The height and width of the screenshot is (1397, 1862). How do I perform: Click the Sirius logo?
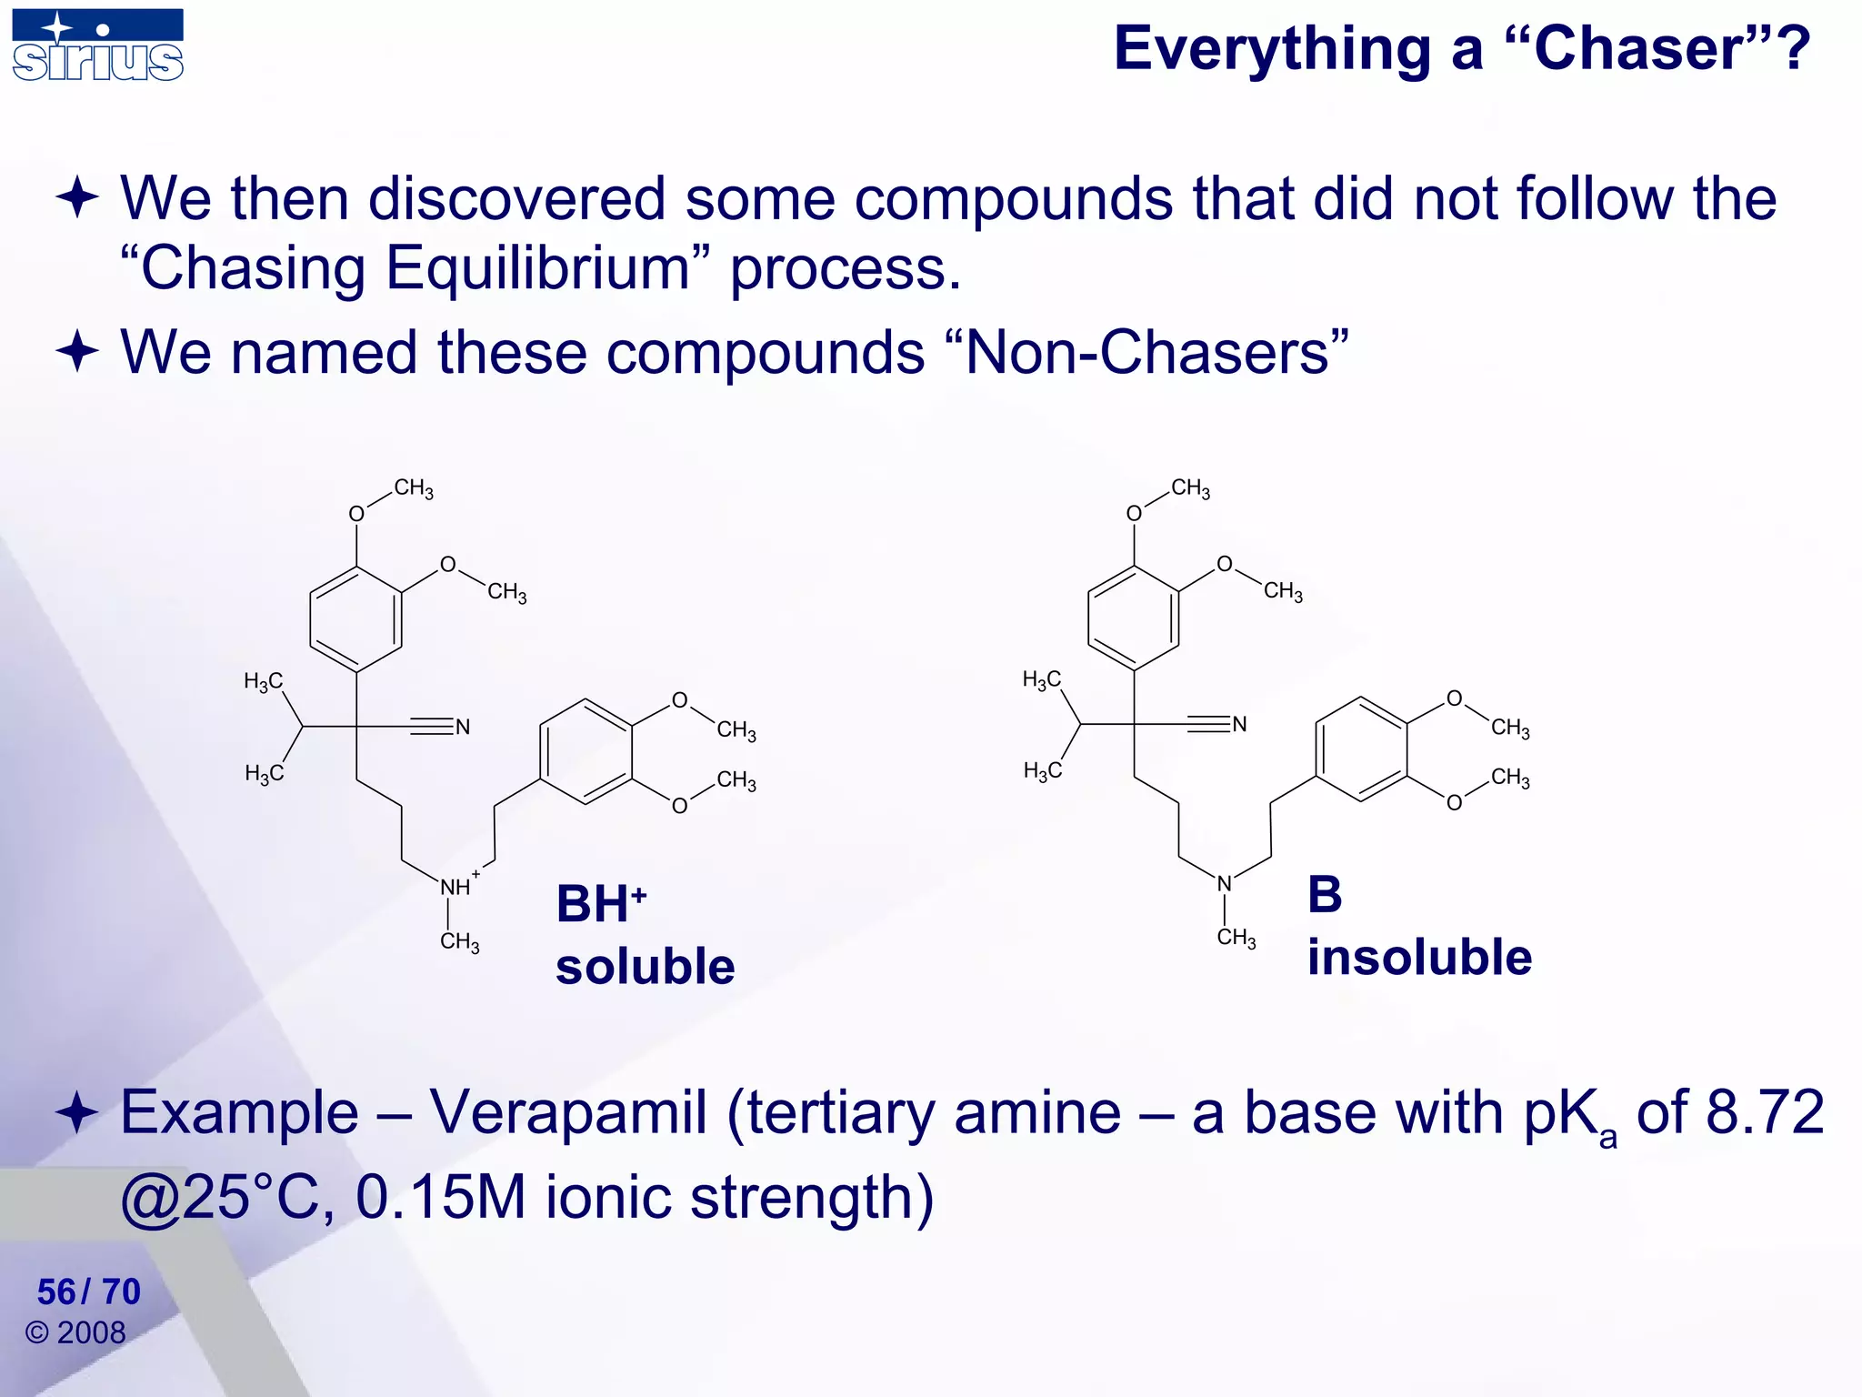(x=98, y=45)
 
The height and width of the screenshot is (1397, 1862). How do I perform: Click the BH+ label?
(x=600, y=904)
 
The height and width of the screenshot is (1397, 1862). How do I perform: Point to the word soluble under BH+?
(x=645, y=966)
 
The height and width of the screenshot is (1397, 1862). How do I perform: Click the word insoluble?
(x=1419, y=957)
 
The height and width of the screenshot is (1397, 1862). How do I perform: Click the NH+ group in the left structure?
(x=456, y=887)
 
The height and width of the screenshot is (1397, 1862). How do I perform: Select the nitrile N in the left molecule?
(x=463, y=727)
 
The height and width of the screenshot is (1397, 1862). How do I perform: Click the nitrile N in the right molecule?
(x=1239, y=724)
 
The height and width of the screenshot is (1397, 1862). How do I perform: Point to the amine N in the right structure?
(x=1224, y=883)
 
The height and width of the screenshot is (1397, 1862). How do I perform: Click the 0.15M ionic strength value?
(x=440, y=1197)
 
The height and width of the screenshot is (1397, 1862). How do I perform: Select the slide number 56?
(x=56, y=1291)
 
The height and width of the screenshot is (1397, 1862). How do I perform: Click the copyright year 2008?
(x=91, y=1332)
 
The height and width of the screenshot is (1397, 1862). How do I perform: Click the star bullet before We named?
(x=77, y=352)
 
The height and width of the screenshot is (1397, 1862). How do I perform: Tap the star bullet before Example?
(x=77, y=1113)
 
